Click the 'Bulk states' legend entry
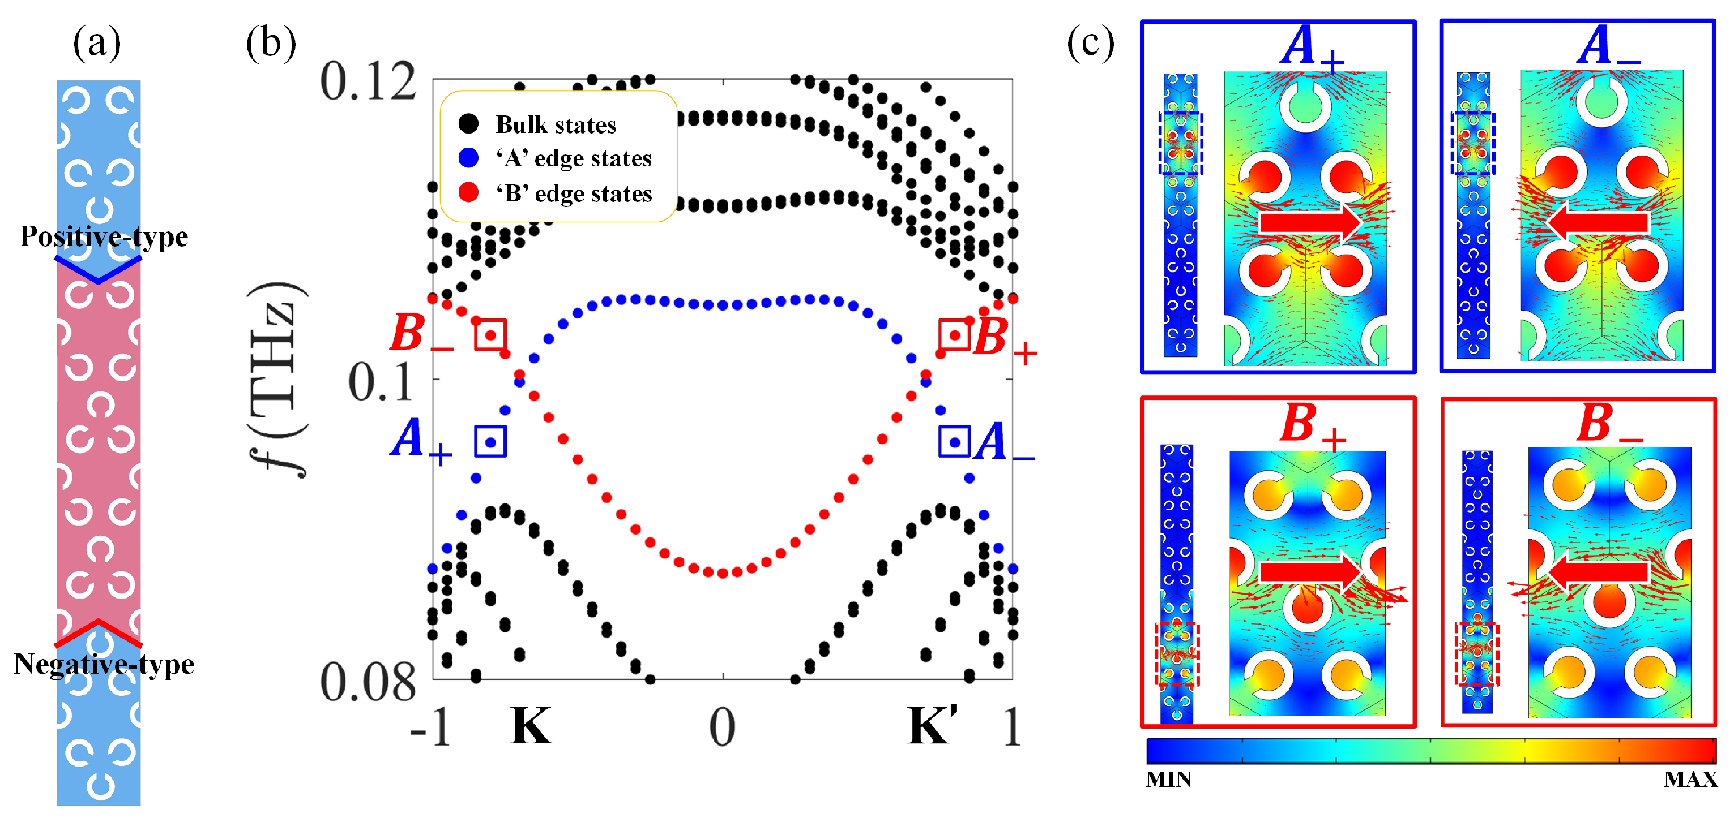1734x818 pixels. (556, 124)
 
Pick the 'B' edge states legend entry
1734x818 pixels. (574, 193)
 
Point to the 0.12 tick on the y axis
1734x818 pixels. (368, 82)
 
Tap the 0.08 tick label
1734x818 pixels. (368, 682)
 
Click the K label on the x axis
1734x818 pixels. (531, 726)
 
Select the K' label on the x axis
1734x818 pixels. (932, 726)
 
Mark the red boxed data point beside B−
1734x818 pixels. (490, 334)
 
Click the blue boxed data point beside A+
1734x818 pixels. (490, 442)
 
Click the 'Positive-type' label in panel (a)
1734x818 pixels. (104, 237)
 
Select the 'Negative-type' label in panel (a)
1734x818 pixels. (104, 665)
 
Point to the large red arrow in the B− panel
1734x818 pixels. (1598, 572)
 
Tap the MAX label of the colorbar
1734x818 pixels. (1690, 780)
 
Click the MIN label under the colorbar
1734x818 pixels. (1169, 780)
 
